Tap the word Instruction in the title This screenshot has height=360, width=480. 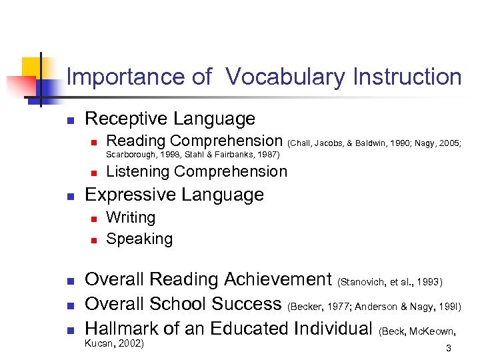point(404,77)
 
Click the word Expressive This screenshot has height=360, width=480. point(129,195)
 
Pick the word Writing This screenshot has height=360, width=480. point(131,217)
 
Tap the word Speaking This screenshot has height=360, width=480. point(139,239)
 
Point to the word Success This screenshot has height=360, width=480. point(246,304)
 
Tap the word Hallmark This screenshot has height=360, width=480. point(127,328)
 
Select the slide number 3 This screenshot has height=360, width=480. point(449,348)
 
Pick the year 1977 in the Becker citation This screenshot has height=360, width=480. point(335,307)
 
